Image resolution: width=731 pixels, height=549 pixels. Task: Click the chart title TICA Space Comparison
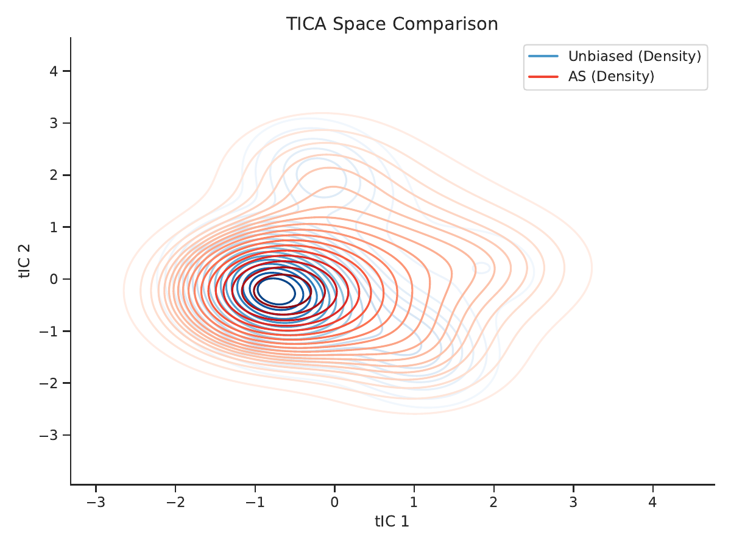click(392, 24)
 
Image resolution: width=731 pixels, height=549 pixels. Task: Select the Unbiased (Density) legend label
click(635, 56)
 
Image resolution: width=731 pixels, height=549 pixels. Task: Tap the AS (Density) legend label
click(611, 76)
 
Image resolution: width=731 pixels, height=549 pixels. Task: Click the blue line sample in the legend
click(543, 56)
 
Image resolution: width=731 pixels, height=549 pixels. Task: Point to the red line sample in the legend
click(543, 77)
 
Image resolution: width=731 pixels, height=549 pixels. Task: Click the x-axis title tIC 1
click(392, 522)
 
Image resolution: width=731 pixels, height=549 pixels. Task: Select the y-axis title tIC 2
click(24, 261)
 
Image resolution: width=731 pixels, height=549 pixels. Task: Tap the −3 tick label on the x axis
click(96, 502)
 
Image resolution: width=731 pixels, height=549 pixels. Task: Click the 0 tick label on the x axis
click(334, 502)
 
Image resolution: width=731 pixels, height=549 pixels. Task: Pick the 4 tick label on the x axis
click(652, 502)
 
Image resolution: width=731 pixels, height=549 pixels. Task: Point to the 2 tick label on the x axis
click(493, 502)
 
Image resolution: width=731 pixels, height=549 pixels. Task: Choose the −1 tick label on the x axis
click(255, 502)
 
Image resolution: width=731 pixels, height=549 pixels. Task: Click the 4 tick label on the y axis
click(54, 71)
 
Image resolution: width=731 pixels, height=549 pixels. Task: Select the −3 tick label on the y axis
click(49, 435)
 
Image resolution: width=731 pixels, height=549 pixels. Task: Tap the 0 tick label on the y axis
click(54, 279)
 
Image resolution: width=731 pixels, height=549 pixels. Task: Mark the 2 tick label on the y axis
click(54, 175)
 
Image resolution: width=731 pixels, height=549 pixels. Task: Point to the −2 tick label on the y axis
click(49, 383)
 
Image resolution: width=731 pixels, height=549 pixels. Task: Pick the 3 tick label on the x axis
click(573, 502)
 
